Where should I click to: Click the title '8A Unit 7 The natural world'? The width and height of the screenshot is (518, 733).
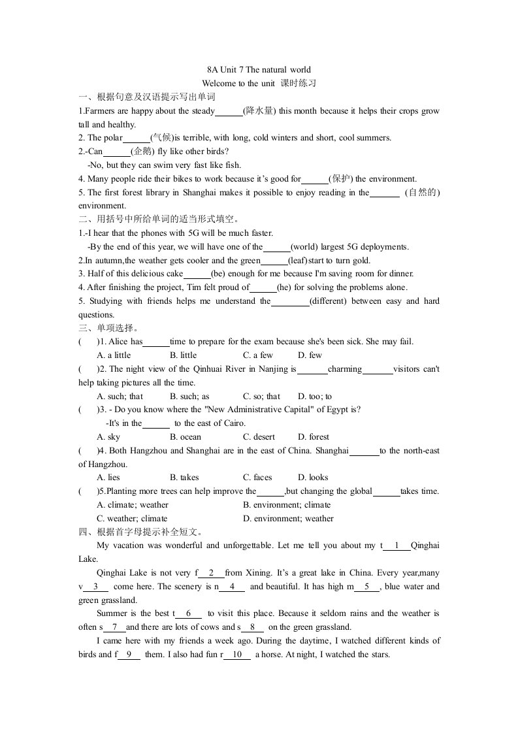(259, 69)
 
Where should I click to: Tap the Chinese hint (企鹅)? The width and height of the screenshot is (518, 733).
(145, 152)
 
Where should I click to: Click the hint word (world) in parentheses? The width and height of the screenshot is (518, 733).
(308, 247)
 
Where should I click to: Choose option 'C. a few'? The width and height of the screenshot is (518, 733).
(258, 355)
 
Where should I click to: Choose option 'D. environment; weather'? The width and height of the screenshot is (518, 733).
(288, 519)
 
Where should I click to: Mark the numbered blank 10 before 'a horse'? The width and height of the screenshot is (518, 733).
(237, 655)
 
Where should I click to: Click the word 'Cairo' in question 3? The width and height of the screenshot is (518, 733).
(233, 423)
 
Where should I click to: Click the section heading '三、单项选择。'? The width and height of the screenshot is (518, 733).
(108, 328)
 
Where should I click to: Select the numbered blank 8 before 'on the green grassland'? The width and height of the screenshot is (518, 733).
(252, 627)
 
